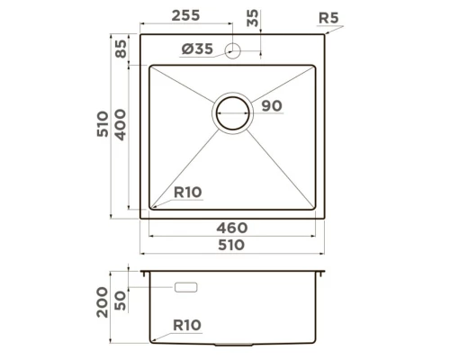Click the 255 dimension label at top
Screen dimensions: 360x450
(x=186, y=15)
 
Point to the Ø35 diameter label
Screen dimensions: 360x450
(x=196, y=50)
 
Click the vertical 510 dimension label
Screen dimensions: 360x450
(x=102, y=127)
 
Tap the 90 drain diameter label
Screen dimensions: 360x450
(x=272, y=106)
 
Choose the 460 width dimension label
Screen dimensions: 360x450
(x=231, y=229)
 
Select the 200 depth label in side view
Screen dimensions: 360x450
(x=102, y=307)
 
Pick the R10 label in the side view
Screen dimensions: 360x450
(x=186, y=325)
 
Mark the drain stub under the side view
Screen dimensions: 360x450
(x=233, y=346)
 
